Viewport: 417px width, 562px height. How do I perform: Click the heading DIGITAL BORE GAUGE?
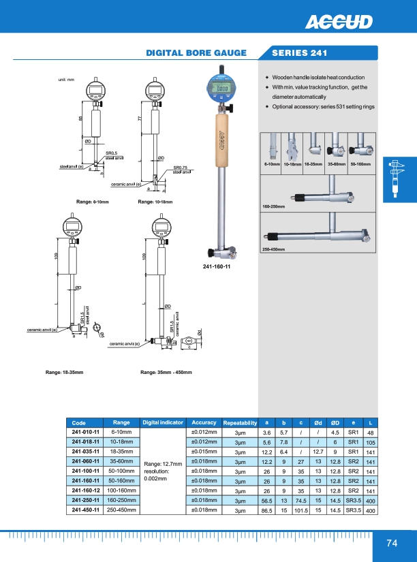pyautogui.click(x=204, y=52)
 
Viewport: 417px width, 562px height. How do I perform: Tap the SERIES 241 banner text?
pyautogui.click(x=299, y=52)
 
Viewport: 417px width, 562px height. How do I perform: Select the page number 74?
pyautogui.click(x=391, y=543)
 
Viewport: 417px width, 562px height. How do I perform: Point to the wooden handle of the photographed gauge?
pyautogui.click(x=221, y=140)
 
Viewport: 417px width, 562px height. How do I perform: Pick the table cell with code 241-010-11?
pyautogui.click(x=85, y=432)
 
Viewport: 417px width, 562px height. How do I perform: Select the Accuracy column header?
pyautogui.click(x=204, y=422)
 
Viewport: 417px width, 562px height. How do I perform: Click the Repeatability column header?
pyautogui.click(x=240, y=422)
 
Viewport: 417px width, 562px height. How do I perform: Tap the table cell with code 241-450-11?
pyautogui.click(x=85, y=510)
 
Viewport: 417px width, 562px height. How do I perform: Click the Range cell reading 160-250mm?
pyautogui.click(x=121, y=500)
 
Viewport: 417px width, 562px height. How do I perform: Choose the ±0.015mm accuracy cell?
pyautogui.click(x=204, y=452)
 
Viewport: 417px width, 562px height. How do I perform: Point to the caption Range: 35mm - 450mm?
pyautogui.click(x=166, y=372)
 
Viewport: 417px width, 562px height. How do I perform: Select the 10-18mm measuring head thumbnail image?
pyautogui.click(x=292, y=146)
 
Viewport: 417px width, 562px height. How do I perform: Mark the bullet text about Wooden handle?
pyautogui.click(x=318, y=78)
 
